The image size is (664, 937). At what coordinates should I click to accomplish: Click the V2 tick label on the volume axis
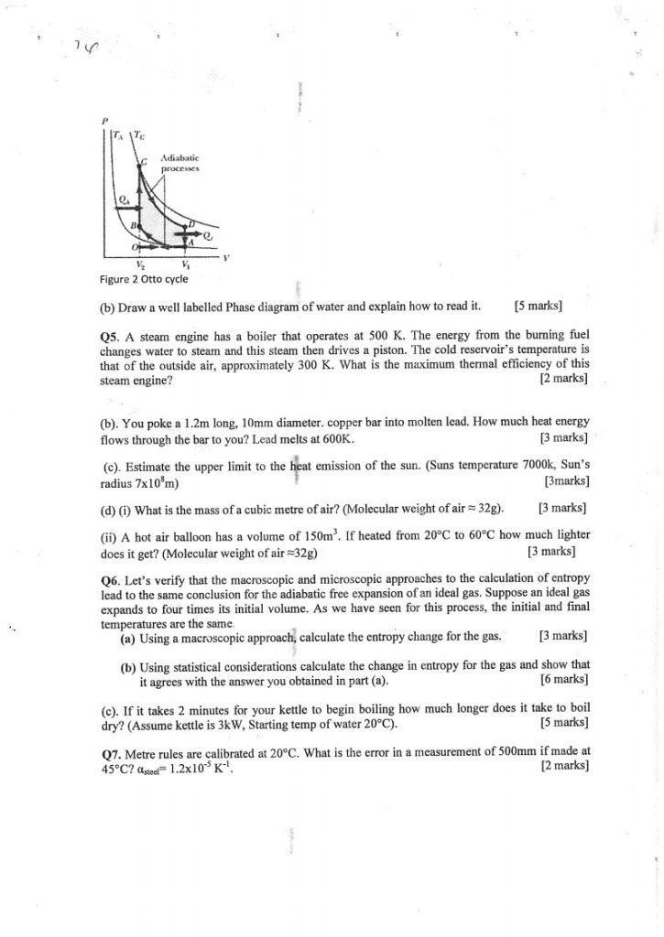140,264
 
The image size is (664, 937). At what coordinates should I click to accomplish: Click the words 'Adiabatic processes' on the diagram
181,163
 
